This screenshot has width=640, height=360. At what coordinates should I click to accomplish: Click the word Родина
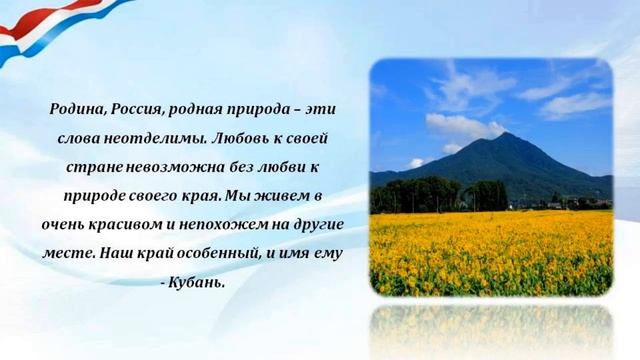(x=78, y=109)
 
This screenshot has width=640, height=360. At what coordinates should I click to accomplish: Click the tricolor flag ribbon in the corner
(x=40, y=30)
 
